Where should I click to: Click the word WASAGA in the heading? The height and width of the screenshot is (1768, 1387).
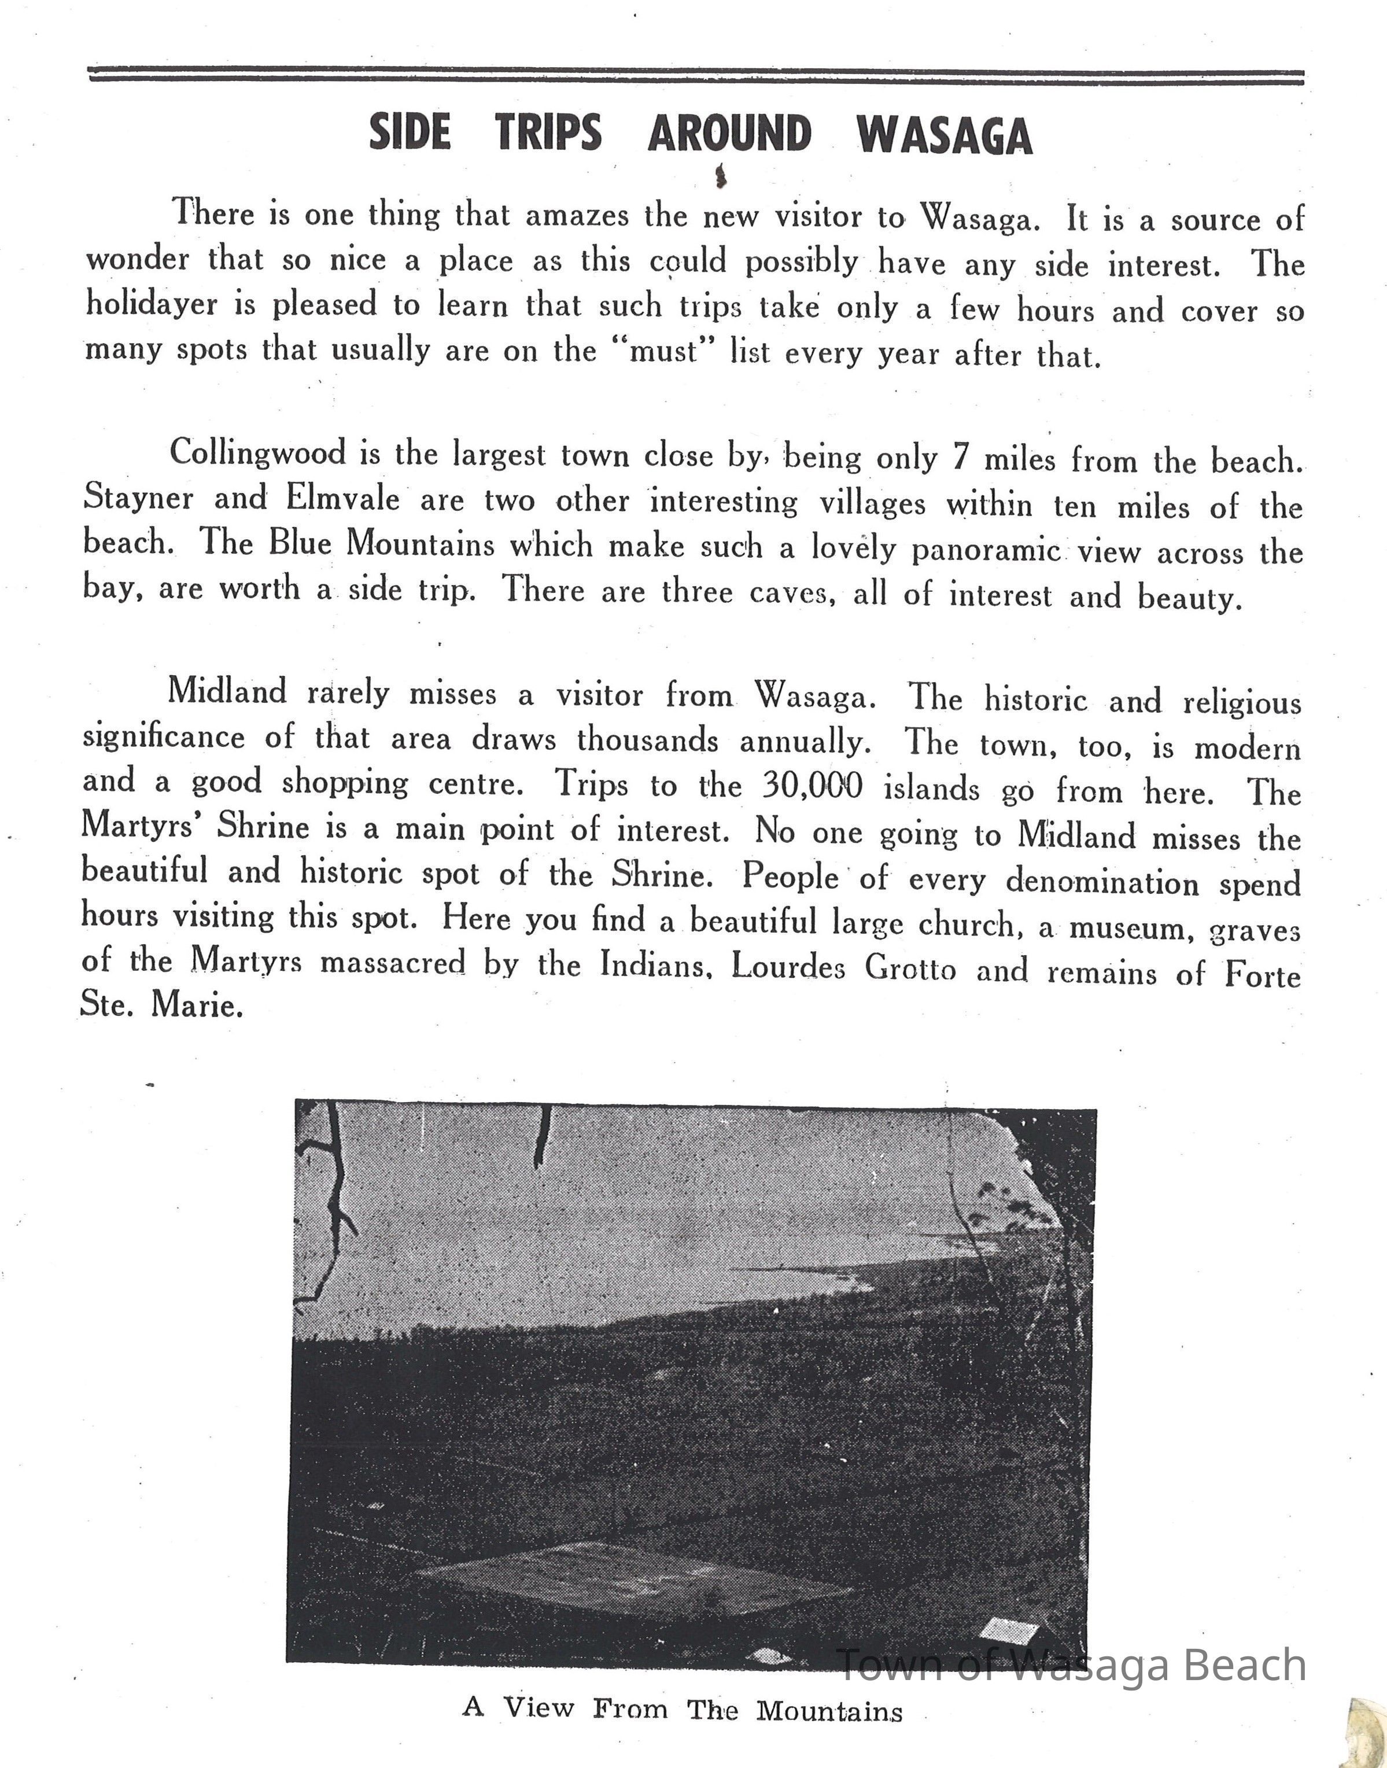[943, 134]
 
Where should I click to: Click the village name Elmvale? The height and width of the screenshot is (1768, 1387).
[342, 498]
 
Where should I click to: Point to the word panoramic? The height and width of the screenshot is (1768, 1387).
[986, 551]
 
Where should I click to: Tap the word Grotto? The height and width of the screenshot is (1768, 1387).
[910, 968]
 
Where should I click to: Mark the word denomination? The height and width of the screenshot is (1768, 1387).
[1102, 881]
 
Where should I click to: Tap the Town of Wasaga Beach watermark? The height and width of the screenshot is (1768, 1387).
[1070, 1665]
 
